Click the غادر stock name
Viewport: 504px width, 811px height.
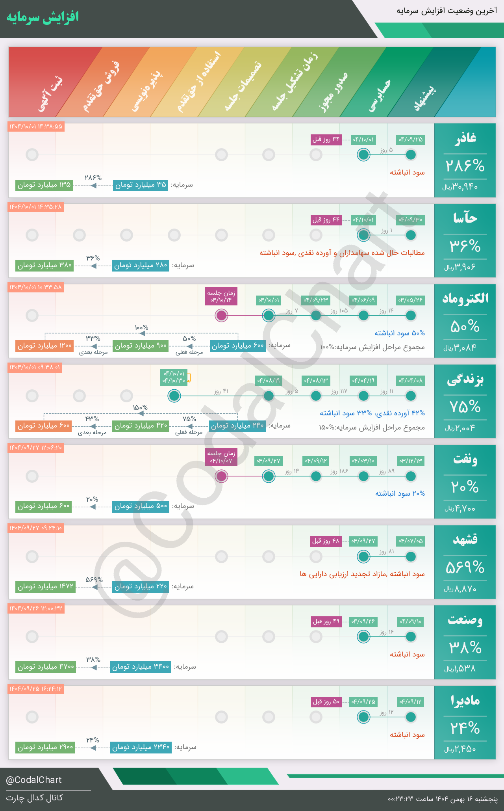coord(465,138)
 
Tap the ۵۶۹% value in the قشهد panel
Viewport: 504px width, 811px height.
coord(465,567)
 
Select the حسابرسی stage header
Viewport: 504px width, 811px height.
coord(379,96)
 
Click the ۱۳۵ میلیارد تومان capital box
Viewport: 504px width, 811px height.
coord(44,185)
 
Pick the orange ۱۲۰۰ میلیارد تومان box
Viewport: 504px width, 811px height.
coord(44,346)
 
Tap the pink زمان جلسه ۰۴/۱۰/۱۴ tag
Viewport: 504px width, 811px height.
coord(221,296)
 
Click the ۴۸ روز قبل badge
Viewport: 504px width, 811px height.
coord(326,541)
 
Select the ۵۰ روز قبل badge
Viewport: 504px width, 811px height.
coord(326,702)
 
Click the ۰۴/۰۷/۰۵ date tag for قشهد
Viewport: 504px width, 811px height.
coord(411,541)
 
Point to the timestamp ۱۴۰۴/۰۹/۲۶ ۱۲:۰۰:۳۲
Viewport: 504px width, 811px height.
coord(36,608)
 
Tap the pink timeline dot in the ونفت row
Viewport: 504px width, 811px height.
coord(221,476)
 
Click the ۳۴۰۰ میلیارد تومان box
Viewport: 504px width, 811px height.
coord(141,667)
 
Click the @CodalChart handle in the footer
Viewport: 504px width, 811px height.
coord(34,780)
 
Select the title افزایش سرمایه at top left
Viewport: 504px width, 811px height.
coord(43,17)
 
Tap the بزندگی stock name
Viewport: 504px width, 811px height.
coord(465,379)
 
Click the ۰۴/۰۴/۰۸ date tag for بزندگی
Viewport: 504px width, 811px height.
coord(411,380)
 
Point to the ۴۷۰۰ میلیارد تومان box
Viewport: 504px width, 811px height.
coord(45,667)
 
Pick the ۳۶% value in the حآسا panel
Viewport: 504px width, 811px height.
coord(465,247)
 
